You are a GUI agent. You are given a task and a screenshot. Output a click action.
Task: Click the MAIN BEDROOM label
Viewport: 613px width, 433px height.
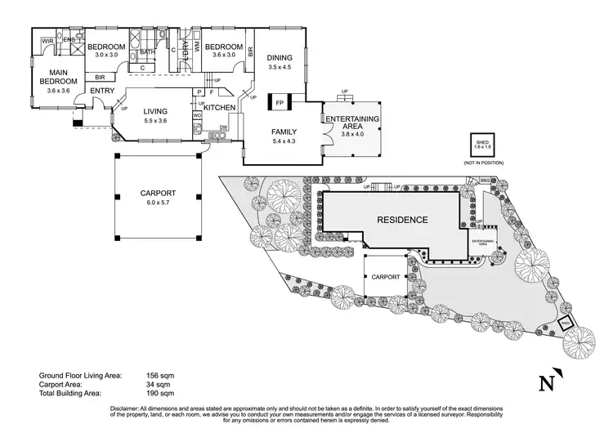57,77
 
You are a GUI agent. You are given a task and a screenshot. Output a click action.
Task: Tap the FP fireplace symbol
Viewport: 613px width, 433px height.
280,103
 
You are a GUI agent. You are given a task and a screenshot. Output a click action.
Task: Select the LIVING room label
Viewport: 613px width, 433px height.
155,112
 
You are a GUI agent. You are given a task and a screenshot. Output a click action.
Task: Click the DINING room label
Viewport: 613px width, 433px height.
280,57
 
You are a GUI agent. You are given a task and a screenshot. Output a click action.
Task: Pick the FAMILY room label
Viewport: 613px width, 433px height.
284,132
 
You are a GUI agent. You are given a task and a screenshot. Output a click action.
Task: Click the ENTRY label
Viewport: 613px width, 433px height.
102,91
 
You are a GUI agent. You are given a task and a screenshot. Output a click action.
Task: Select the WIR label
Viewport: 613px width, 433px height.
48,40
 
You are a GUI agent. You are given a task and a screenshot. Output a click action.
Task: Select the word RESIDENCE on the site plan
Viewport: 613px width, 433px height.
401,220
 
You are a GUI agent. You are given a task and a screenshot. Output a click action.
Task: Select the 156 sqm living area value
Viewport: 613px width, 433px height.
163,375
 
